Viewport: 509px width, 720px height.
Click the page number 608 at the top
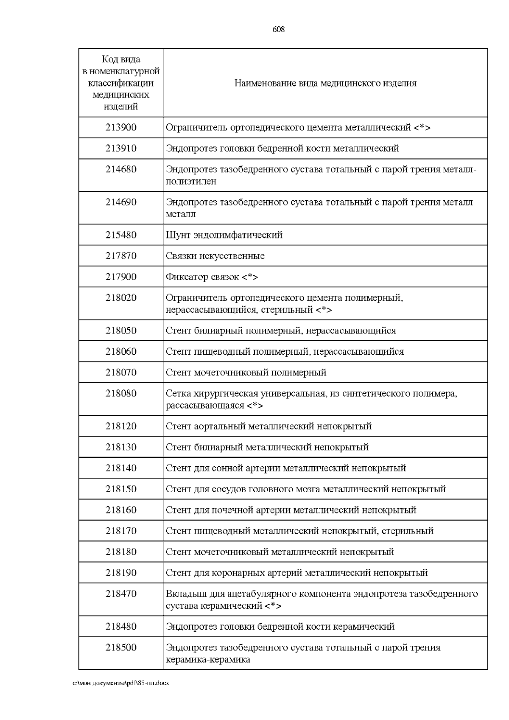point(278,29)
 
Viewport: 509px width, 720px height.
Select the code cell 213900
point(121,127)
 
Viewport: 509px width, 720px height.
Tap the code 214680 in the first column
point(121,169)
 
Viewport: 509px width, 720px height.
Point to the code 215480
point(121,235)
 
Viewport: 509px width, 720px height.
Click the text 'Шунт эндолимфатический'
point(224,235)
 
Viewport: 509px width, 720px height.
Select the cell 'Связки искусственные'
point(215,256)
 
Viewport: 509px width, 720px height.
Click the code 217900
point(121,277)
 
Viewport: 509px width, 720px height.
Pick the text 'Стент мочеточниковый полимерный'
point(246,373)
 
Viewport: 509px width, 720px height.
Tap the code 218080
point(121,393)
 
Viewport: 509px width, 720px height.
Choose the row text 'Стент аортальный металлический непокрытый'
point(268,426)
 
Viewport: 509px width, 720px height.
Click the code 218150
point(121,489)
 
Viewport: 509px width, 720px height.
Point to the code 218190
point(121,572)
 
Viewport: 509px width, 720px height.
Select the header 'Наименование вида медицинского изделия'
point(325,83)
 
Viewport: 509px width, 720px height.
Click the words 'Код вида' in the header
point(121,59)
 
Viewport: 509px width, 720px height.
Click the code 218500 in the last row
point(121,647)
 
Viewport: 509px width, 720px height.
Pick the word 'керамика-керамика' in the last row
point(208,659)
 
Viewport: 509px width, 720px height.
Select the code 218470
point(121,594)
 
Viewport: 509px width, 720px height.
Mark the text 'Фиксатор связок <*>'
point(212,277)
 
